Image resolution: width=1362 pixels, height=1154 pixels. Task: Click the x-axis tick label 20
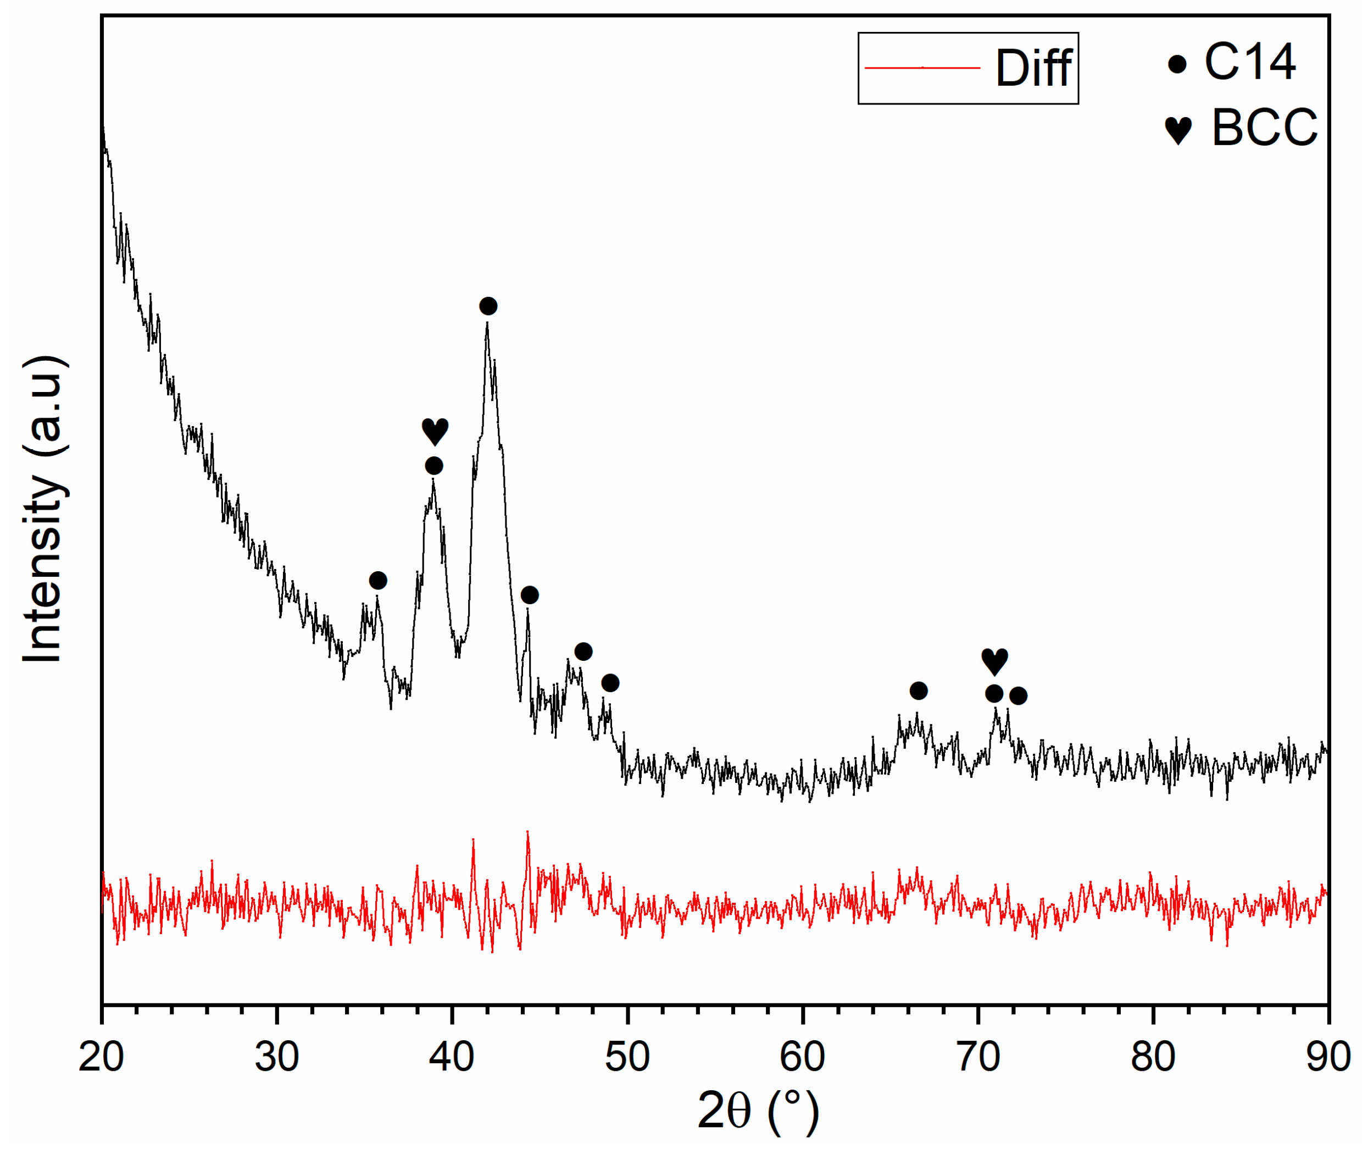tap(101, 1057)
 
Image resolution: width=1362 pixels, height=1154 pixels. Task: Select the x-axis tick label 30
tap(276, 1057)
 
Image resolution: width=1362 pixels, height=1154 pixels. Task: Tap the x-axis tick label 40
tap(452, 1057)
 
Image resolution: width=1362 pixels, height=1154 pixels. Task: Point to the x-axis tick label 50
tap(627, 1057)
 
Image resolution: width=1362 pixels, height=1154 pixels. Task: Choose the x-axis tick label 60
tap(802, 1057)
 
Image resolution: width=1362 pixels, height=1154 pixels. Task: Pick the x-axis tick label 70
tap(977, 1057)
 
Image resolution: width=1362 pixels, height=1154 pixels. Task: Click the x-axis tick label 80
tap(1153, 1057)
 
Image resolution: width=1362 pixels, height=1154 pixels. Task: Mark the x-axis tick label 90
tap(1328, 1057)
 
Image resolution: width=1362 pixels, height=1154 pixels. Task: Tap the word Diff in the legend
tap(1033, 68)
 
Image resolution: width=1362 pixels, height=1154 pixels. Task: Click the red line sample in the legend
tap(922, 68)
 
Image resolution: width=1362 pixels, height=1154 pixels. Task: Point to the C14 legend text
tap(1249, 63)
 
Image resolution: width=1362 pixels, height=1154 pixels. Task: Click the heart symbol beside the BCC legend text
tap(1178, 130)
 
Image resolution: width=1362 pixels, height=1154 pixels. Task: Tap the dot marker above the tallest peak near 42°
tap(488, 306)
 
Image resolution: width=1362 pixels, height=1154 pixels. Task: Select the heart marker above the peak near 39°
tap(435, 431)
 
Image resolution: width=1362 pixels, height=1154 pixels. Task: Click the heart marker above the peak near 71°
tap(994, 661)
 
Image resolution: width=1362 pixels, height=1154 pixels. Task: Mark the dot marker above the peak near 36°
tap(378, 580)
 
